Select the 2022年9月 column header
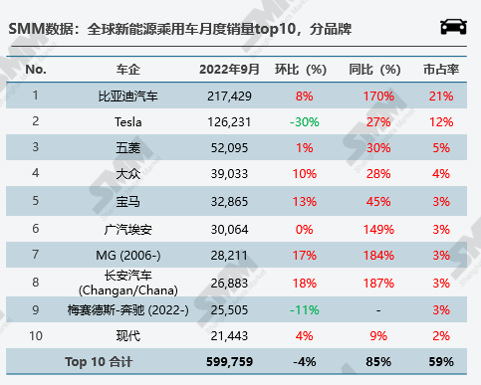point(229,70)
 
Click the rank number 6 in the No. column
point(36,227)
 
